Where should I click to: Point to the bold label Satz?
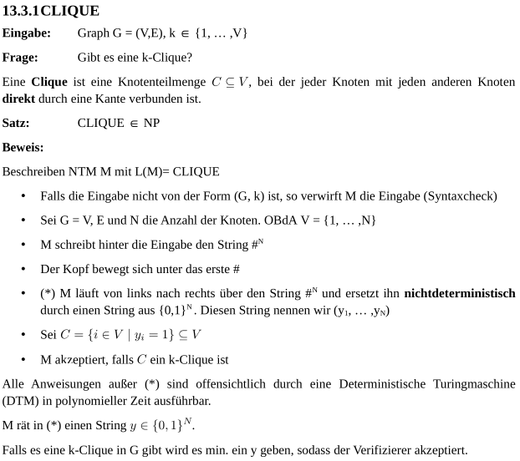click(x=16, y=123)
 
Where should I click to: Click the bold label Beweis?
click(x=23, y=147)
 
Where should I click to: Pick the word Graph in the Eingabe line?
click(x=93, y=33)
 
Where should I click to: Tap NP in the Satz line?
click(x=151, y=123)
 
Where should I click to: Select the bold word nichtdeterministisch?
click(x=459, y=294)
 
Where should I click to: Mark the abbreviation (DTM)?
click(x=23, y=400)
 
